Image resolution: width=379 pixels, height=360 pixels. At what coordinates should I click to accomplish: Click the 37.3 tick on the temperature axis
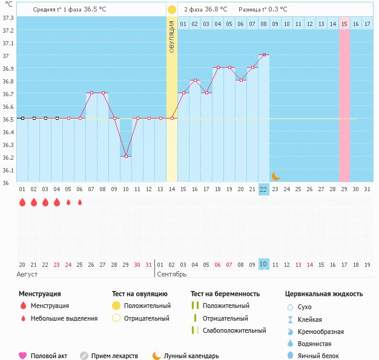(8, 18)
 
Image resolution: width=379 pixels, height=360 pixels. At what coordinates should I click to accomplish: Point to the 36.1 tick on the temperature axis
(8, 170)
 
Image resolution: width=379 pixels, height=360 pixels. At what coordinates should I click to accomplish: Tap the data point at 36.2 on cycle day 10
(126, 156)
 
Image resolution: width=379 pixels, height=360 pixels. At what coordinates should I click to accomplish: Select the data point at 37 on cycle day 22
(263, 54)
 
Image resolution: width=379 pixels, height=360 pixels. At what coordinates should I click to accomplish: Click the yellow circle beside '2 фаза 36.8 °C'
(172, 10)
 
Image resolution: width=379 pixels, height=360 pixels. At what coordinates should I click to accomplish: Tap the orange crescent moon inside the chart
(275, 175)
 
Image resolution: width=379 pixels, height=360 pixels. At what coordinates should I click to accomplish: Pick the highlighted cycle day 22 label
(263, 189)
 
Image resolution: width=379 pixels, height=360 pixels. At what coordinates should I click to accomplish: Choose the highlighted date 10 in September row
(263, 264)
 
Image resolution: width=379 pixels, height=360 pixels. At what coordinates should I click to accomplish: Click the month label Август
(28, 274)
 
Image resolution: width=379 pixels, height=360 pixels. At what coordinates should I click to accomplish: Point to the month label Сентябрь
(173, 274)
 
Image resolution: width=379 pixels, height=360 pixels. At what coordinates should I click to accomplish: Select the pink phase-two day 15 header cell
(344, 24)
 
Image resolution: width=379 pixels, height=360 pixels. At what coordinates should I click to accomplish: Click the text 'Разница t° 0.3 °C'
(263, 10)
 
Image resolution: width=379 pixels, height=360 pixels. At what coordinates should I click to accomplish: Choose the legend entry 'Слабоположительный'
(234, 330)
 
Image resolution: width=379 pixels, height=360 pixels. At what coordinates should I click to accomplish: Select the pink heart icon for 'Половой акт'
(23, 356)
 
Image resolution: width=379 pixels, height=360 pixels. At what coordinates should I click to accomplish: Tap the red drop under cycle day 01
(22, 202)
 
